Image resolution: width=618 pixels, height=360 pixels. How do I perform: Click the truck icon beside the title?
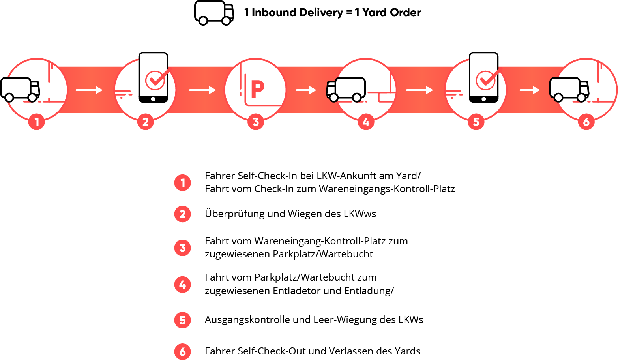tap(214, 13)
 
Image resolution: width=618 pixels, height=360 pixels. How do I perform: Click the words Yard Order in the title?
tap(391, 13)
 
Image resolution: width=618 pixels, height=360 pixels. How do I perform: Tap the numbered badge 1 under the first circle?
tap(37, 122)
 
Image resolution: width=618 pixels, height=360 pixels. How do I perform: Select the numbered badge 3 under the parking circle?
tap(256, 122)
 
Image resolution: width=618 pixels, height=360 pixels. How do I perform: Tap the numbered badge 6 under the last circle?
tap(586, 122)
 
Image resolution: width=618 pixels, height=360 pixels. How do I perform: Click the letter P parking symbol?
tap(257, 90)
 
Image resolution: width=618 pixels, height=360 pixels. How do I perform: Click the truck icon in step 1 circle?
tap(20, 90)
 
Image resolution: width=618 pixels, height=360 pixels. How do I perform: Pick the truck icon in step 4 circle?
tap(346, 90)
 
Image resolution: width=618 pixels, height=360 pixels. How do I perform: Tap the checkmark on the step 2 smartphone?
tap(155, 80)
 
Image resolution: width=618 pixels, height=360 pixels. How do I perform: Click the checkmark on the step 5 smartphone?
tap(486, 80)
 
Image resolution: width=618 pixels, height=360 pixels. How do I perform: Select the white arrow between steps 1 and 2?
tap(89, 90)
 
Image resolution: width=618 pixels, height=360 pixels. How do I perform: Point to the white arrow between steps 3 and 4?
tap(306, 90)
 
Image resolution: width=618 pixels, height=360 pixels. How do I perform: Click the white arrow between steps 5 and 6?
tap(530, 90)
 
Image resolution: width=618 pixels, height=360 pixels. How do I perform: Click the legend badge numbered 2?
tap(182, 214)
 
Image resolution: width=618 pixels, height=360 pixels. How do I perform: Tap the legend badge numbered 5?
tap(182, 320)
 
